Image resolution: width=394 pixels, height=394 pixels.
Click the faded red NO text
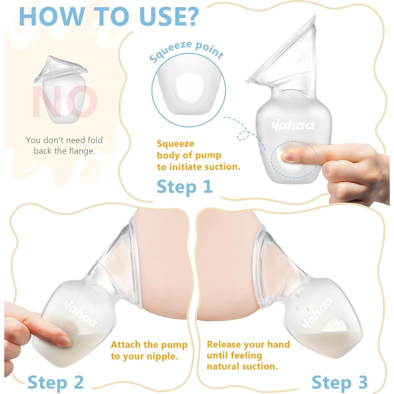pos(65,102)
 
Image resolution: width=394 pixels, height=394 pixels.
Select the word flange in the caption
pos(82,151)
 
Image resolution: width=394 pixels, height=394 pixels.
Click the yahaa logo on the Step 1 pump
pos(293,125)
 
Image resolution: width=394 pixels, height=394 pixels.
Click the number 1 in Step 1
pos(207,186)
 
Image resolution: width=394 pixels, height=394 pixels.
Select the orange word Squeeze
pos(175,144)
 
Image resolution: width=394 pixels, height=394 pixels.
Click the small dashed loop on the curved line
pos(243,135)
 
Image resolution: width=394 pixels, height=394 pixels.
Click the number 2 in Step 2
pos(78,382)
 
